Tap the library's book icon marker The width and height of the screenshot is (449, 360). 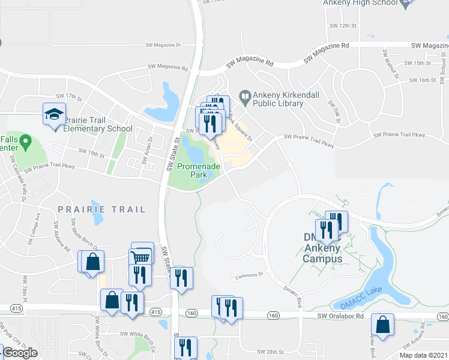(x=245, y=95)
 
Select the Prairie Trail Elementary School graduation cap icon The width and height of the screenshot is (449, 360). (x=53, y=113)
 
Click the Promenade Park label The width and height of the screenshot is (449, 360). (x=190, y=170)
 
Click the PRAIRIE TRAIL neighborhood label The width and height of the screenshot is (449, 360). (x=101, y=209)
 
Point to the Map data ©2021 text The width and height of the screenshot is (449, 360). (x=424, y=355)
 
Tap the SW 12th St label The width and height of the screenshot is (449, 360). (x=343, y=26)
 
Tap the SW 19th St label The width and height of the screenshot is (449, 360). (x=91, y=154)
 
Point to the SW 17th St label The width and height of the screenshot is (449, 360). (x=68, y=96)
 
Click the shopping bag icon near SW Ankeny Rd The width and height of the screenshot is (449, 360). (x=382, y=325)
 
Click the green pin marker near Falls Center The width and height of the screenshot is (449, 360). (x=25, y=142)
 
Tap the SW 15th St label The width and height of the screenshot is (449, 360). (x=417, y=63)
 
